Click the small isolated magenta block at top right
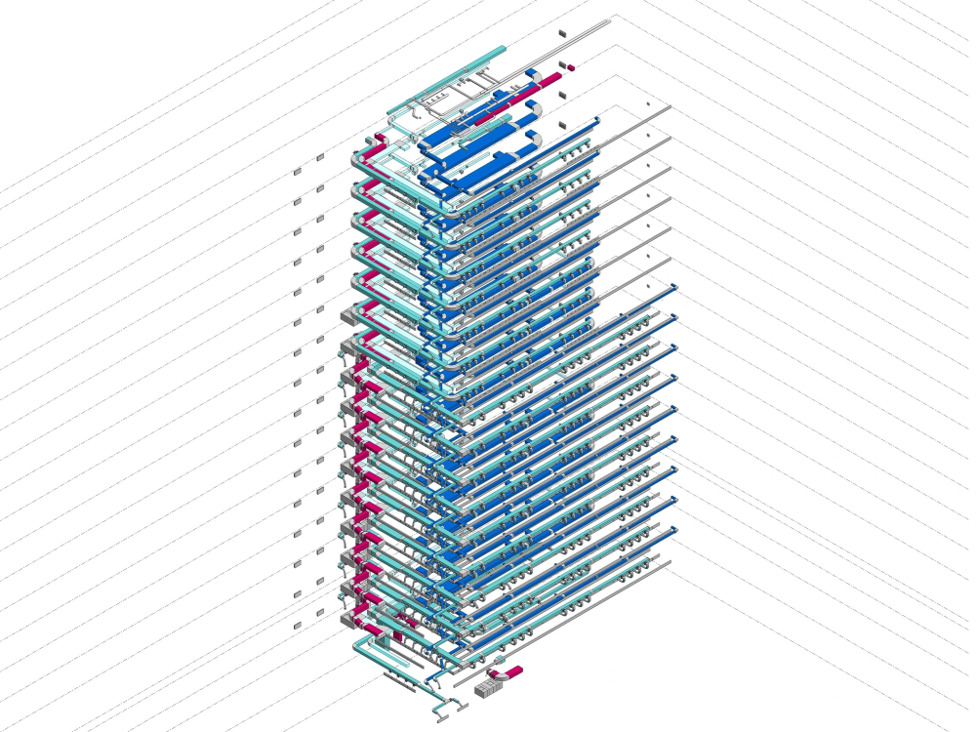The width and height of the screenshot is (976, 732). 570,67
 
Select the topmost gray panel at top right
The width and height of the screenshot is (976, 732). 563,34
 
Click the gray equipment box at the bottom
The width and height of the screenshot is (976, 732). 487,688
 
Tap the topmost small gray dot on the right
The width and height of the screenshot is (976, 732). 647,103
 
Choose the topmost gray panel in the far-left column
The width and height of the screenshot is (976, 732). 298,172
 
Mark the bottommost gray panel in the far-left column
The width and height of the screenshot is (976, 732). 298,625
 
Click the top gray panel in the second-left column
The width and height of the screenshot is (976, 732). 320,157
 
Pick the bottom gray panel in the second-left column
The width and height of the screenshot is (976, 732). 320,612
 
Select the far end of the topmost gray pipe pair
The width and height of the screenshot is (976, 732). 612,19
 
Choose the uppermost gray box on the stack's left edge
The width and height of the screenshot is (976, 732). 347,315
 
